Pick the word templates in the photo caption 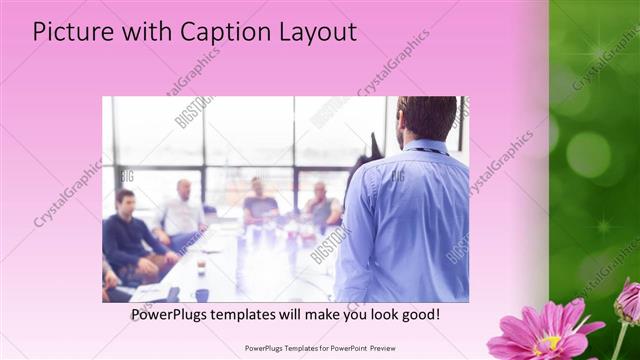pyautogui.click(x=253, y=315)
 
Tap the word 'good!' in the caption pyautogui.click(x=418, y=315)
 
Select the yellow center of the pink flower pyautogui.click(x=547, y=343)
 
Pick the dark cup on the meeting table pyautogui.click(x=201, y=294)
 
